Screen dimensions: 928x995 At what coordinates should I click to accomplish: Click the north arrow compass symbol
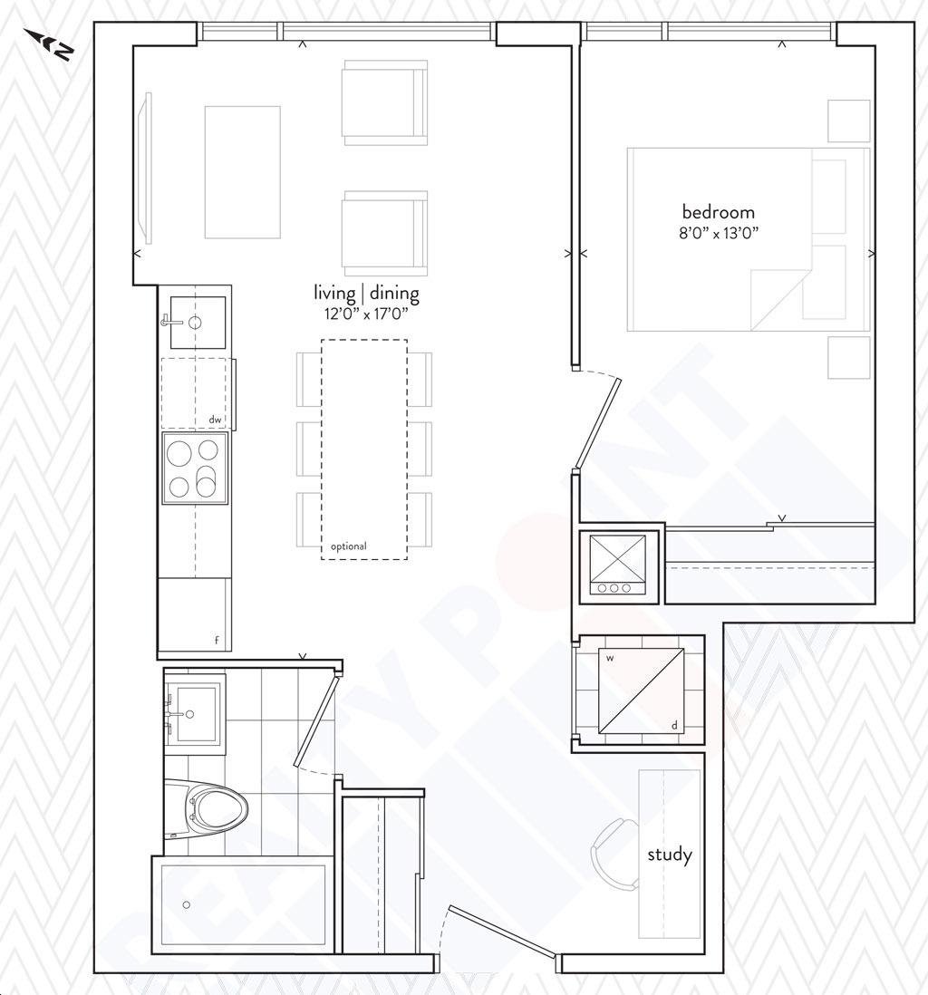tap(50, 44)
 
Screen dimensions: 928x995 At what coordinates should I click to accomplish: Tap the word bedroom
tap(719, 212)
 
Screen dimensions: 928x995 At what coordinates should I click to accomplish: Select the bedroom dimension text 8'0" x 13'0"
tap(719, 233)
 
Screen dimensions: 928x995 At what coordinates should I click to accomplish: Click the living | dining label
tap(366, 294)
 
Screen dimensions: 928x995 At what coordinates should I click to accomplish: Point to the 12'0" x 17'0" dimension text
tap(365, 314)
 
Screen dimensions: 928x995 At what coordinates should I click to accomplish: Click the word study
tap(670, 855)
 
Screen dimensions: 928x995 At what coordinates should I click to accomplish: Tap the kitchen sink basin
tap(198, 323)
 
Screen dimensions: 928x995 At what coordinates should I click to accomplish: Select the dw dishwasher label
tap(215, 420)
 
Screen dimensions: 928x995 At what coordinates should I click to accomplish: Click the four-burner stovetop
tap(195, 469)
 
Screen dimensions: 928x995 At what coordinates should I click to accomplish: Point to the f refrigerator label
tap(217, 641)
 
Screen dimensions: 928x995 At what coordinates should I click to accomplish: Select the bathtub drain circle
tap(186, 904)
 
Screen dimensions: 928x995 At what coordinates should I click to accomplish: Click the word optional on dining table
tap(349, 546)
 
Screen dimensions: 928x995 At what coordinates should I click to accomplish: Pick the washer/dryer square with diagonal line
tap(641, 691)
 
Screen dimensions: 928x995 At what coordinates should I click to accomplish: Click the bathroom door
tap(316, 720)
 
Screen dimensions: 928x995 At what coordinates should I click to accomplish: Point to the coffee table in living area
tap(243, 172)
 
